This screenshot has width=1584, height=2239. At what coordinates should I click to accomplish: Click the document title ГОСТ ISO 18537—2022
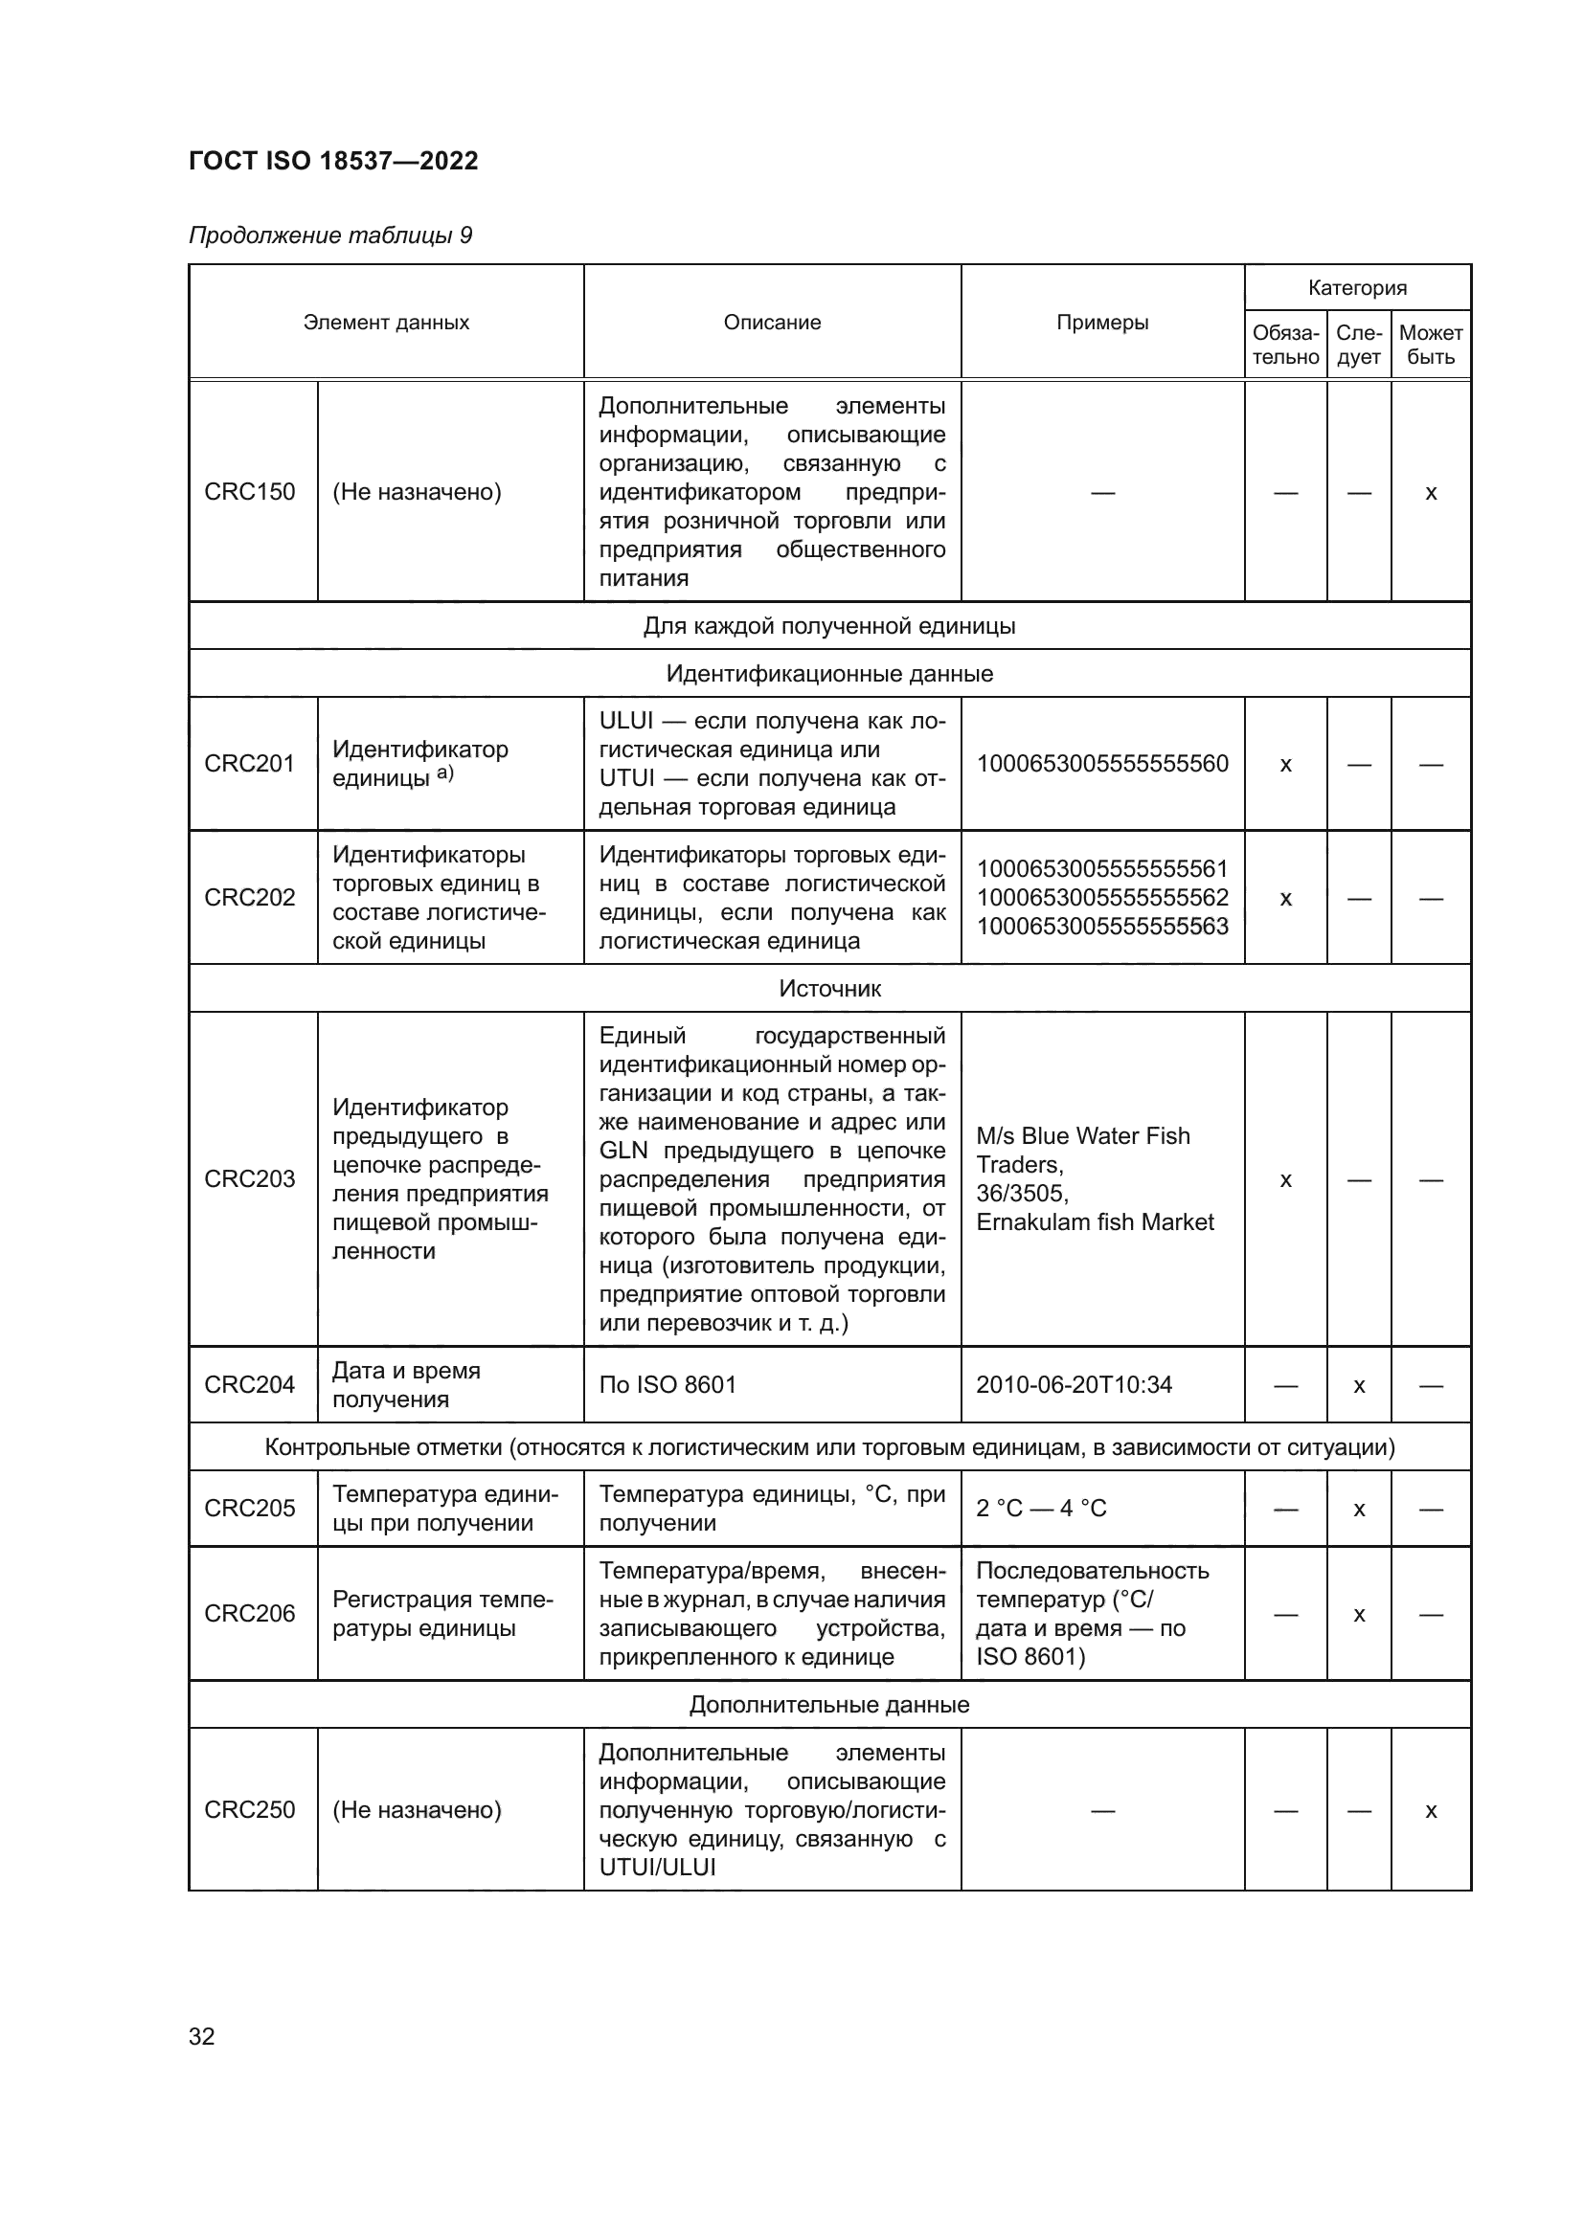(x=333, y=161)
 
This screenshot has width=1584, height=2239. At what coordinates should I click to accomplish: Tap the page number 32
(x=202, y=2036)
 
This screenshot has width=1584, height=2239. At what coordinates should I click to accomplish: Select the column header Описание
(x=772, y=323)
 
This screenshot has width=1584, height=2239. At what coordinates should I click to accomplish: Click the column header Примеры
(x=1102, y=323)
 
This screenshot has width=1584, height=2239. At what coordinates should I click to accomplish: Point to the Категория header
(x=1357, y=288)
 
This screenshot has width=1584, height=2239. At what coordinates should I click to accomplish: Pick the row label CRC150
(x=250, y=491)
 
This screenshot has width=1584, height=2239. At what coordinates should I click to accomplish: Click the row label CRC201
(x=250, y=764)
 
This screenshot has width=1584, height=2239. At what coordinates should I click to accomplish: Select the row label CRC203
(x=250, y=1179)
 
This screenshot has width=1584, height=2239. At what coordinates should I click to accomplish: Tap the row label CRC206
(x=250, y=1613)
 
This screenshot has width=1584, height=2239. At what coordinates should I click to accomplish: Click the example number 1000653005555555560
(x=1102, y=764)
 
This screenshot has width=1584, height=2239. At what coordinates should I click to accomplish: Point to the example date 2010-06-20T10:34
(x=1074, y=1385)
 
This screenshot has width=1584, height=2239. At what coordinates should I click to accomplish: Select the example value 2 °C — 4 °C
(x=1041, y=1509)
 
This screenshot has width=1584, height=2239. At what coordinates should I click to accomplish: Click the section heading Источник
(x=830, y=989)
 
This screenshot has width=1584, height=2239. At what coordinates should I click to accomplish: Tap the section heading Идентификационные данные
(x=830, y=674)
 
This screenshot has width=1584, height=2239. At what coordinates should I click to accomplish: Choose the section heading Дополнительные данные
(x=830, y=1705)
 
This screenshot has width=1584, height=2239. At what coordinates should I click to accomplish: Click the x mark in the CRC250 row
(x=1431, y=1811)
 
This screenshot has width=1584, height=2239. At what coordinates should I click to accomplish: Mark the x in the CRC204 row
(x=1359, y=1386)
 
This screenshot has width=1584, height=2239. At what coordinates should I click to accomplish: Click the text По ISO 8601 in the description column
(x=668, y=1385)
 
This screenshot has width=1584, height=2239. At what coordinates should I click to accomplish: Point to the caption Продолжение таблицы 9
(x=330, y=235)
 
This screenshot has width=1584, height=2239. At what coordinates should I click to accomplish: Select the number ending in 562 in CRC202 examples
(x=1102, y=897)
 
